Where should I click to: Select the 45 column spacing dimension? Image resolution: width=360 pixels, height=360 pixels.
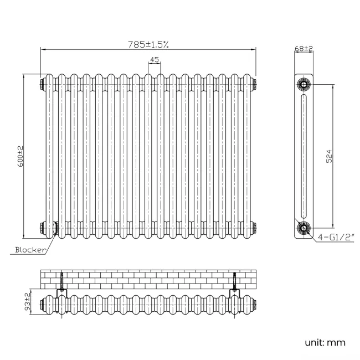click(155, 60)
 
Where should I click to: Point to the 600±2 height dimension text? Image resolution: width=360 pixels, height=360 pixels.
click(20, 156)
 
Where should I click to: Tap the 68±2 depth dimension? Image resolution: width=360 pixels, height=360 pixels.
click(304, 49)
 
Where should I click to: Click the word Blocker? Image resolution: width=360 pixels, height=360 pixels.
click(30, 250)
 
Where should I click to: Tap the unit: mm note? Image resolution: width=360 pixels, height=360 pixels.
click(325, 342)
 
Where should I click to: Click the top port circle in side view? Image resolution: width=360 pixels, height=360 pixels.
click(304, 85)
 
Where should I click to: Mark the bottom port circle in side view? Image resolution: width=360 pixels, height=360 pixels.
click(304, 227)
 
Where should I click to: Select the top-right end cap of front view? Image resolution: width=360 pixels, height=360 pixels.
click(254, 84)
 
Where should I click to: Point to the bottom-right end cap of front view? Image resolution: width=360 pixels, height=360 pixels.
click(254, 227)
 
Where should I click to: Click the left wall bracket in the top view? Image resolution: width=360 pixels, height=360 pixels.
click(62, 284)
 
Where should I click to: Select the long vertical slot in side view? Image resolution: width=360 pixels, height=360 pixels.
click(304, 156)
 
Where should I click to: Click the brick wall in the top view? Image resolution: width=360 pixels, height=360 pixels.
click(148, 279)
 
